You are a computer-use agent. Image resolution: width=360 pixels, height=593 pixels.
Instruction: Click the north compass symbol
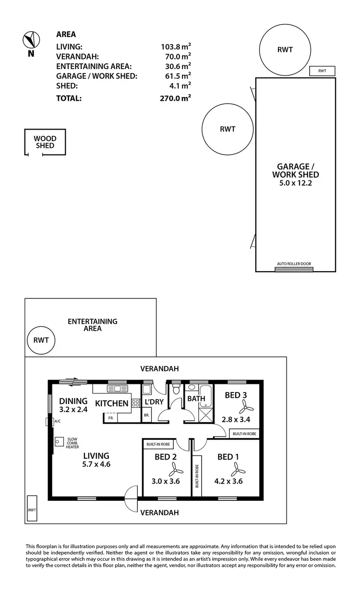tap(31, 39)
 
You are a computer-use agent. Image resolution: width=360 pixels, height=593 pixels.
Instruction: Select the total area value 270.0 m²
tap(176, 98)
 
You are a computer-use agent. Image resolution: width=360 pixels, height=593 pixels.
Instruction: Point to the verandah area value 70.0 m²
tap(176, 56)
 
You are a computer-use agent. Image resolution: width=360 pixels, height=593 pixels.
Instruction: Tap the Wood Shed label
tap(45, 142)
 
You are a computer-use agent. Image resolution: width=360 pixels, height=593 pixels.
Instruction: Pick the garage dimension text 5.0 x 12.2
tap(295, 183)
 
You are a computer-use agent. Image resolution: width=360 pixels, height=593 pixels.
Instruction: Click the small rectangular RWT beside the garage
tap(322, 71)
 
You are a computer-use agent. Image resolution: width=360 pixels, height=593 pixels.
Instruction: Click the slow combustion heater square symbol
tap(60, 441)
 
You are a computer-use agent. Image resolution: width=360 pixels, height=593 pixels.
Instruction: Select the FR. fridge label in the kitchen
tap(110, 418)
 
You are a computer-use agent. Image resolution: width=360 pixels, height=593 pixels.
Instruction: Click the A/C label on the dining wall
tap(57, 421)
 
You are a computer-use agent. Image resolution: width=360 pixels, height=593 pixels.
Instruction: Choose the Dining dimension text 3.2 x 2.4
tap(73, 410)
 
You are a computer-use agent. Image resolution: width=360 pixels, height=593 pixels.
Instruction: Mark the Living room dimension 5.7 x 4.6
tap(96, 464)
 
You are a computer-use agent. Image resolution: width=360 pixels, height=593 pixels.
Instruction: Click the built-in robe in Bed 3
tap(244, 433)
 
